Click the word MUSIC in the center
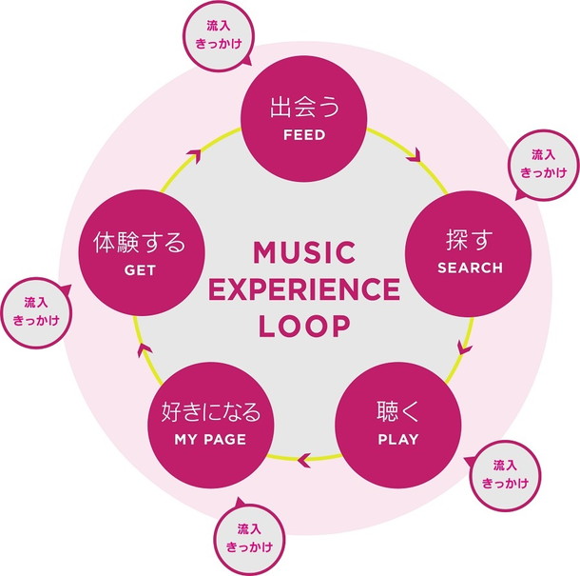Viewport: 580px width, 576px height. coord(303,254)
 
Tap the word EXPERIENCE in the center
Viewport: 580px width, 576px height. coord(303,289)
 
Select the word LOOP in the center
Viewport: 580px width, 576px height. coord(303,325)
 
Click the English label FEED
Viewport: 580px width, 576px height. coord(304,135)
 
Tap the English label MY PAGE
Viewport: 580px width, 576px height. coord(210,440)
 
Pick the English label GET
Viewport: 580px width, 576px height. coord(139,269)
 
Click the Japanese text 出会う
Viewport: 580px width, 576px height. coord(304,107)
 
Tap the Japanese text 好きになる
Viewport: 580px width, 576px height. coord(210,413)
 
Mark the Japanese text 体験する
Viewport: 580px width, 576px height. coord(139,242)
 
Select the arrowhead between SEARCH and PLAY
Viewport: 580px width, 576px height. coord(464,347)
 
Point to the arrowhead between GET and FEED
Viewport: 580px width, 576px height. coord(195,152)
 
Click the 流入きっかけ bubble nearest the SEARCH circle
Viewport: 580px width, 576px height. coord(542,164)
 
